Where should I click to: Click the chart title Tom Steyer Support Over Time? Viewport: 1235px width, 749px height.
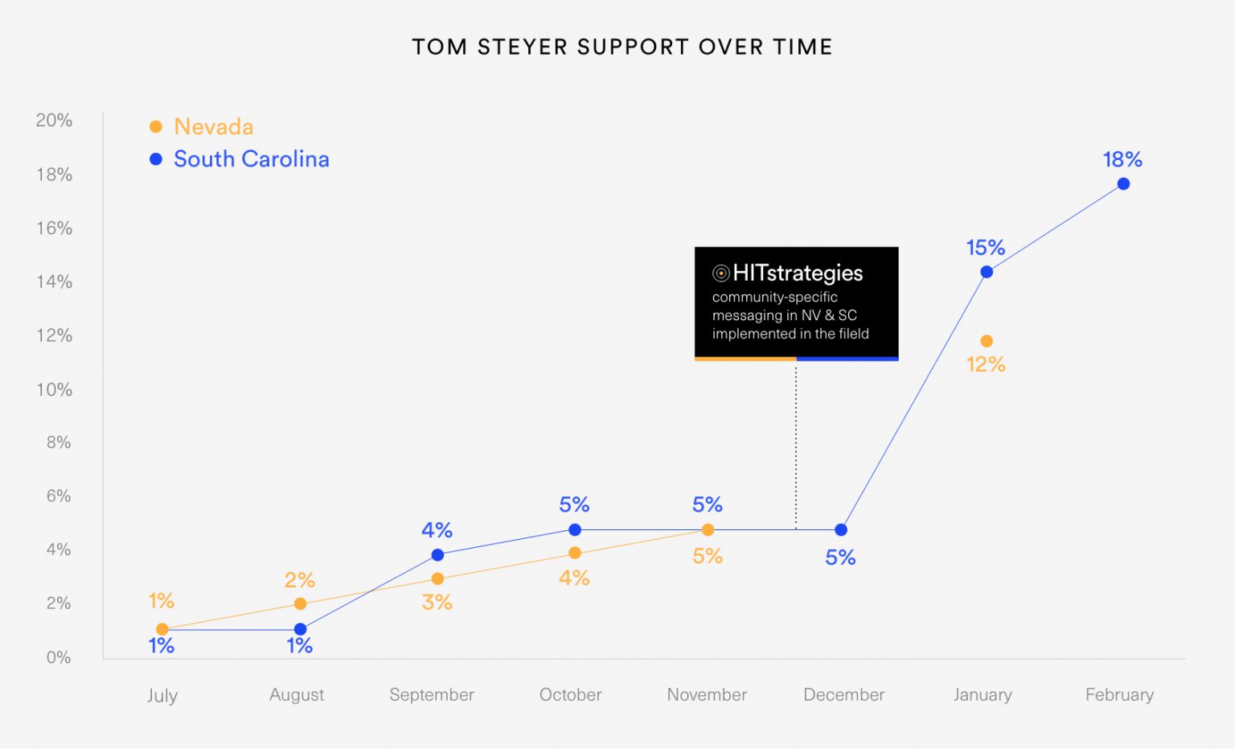coord(622,47)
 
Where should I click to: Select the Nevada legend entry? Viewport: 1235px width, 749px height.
coord(213,127)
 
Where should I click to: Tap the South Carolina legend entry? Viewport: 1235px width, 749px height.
coord(251,159)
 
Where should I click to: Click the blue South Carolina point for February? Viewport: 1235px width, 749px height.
coord(1123,184)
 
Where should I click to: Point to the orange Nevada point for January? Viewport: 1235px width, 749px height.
coord(987,341)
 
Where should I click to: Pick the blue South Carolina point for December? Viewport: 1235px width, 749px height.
coord(841,530)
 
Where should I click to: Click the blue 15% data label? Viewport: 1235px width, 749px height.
coord(986,248)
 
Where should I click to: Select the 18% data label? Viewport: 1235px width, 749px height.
coord(1122,159)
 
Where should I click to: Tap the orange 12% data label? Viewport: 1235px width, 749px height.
coord(986,364)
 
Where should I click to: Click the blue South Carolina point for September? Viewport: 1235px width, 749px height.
coord(437,555)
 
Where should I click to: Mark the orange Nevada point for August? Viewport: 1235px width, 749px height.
coord(300,604)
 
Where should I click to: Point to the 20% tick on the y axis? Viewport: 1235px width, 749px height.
coord(54,121)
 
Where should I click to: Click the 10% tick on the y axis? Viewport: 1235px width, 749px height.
coord(54,390)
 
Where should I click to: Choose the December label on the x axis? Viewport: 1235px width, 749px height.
coord(843,695)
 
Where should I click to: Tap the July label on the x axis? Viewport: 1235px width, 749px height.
coord(162,696)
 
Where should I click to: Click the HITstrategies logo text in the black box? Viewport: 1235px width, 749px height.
coord(797,274)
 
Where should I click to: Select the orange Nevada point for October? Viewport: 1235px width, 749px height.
coord(575,553)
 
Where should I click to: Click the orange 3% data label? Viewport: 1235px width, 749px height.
coord(437,603)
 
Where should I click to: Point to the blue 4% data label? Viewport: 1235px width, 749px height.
coord(437,530)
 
